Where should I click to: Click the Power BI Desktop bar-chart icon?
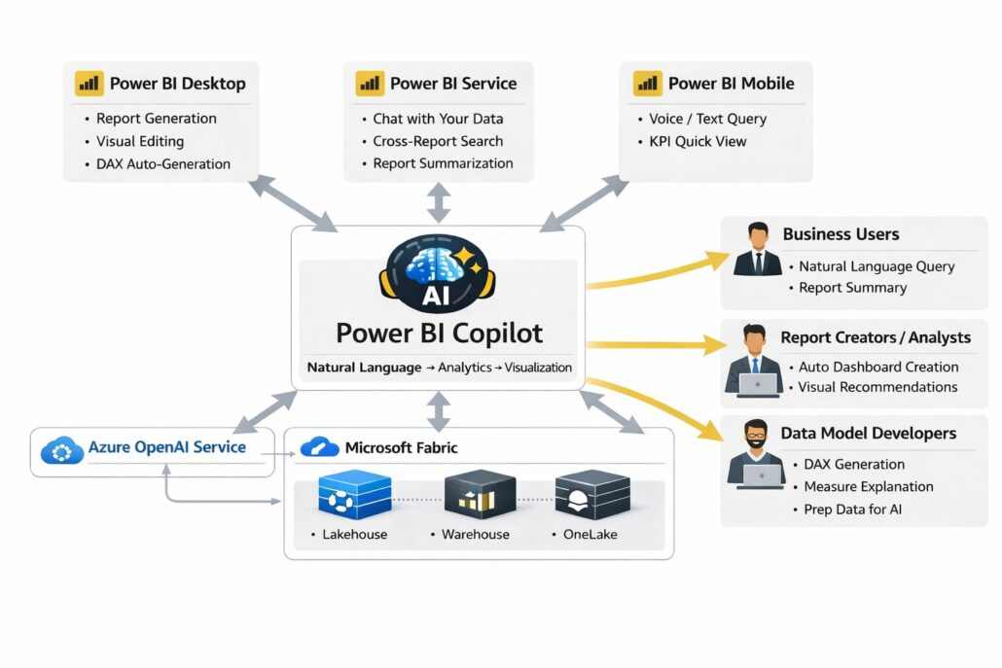click(x=89, y=84)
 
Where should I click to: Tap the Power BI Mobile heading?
click(x=731, y=84)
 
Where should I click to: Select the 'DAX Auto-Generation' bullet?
click(x=163, y=164)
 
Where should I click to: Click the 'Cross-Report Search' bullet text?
click(x=438, y=141)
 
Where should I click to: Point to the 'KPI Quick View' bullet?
click(x=698, y=141)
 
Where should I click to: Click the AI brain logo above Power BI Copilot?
click(x=439, y=269)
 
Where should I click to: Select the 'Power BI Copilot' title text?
click(x=439, y=333)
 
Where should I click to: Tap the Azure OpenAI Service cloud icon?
click(x=62, y=450)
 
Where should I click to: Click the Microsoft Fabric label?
click(x=401, y=448)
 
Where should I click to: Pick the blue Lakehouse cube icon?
click(x=354, y=495)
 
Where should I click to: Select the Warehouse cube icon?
click(x=479, y=495)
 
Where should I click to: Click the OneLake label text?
click(x=590, y=535)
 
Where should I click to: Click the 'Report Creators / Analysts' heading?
click(x=876, y=337)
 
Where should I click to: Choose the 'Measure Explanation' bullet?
click(x=869, y=486)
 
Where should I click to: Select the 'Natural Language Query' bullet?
click(x=877, y=266)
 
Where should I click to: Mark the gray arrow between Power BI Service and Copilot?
click(x=440, y=202)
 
